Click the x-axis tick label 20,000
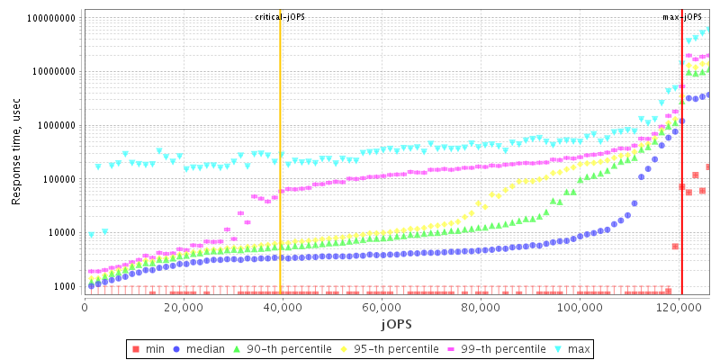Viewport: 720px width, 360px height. (184, 307)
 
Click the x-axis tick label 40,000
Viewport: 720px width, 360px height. (283, 307)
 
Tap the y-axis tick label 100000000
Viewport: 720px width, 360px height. (52, 18)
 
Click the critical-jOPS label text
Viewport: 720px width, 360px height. (280, 17)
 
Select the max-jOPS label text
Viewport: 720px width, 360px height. (681, 17)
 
